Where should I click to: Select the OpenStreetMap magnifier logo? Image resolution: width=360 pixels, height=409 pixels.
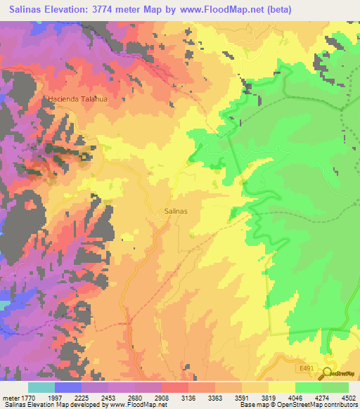click(327, 372)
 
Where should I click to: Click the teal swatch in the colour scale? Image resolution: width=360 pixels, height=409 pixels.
click(41, 387)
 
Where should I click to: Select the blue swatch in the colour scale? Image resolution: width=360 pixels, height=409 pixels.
click(68, 387)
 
